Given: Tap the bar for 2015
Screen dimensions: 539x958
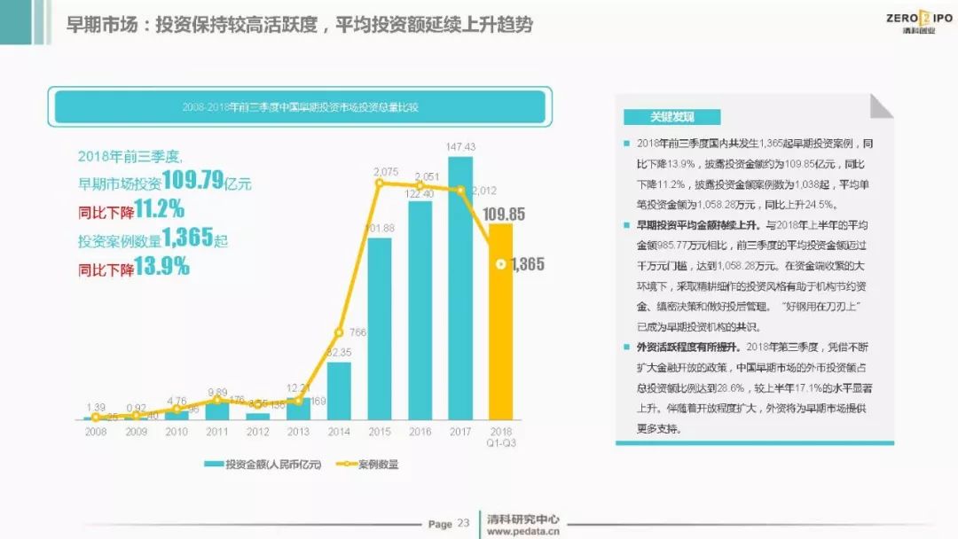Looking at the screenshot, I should (379, 328).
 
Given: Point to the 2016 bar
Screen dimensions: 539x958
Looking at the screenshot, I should (420, 310).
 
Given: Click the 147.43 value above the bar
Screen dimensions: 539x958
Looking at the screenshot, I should (460, 147).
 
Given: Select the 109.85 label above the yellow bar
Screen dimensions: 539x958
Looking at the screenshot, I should (503, 214).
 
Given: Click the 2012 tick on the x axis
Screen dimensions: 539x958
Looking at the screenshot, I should (257, 431).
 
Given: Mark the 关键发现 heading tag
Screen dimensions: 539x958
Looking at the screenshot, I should (671, 117).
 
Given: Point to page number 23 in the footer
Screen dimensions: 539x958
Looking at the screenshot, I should (463, 523).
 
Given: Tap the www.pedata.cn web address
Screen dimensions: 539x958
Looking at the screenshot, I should (523, 531).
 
